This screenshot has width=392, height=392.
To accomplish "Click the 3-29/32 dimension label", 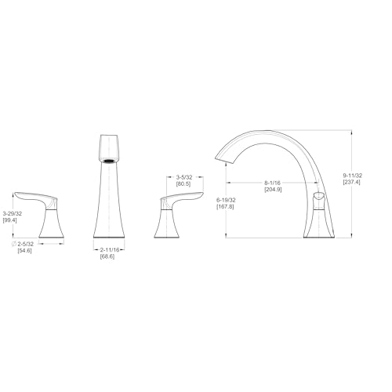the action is (x=13, y=213).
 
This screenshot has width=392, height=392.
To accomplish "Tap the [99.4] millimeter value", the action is (x=9, y=220).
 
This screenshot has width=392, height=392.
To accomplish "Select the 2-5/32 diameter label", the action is (x=26, y=244).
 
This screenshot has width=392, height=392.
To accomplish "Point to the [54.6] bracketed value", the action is (x=24, y=251).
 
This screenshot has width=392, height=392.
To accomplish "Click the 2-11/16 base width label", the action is (x=110, y=250).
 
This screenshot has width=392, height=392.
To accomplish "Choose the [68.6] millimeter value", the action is (x=107, y=256).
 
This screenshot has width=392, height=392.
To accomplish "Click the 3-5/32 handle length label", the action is (x=184, y=177).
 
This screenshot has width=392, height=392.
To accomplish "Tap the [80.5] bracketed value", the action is (x=183, y=184).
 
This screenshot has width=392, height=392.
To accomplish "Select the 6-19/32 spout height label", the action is (x=226, y=200).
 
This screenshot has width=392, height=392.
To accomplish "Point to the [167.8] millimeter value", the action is (x=225, y=207).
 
